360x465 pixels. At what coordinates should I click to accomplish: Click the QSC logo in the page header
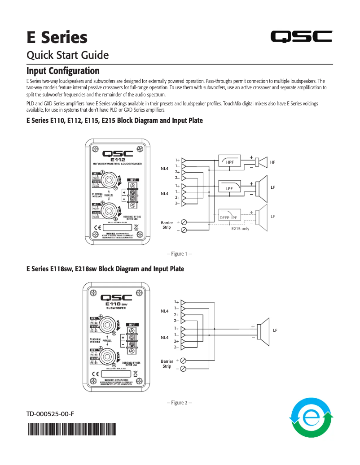[301, 37]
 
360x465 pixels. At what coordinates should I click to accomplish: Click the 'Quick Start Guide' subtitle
[68, 55]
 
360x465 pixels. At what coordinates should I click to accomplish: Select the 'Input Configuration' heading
[63, 71]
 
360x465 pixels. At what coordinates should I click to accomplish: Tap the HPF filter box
[229, 161]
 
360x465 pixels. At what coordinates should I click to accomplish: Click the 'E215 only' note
[240, 229]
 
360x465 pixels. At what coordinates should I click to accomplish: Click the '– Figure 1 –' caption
[179, 254]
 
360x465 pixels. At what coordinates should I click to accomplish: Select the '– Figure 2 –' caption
[179, 403]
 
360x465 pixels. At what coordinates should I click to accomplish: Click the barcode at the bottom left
[71, 430]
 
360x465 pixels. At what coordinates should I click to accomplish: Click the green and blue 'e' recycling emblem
[311, 417]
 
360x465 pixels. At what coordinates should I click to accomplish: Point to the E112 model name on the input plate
[118, 159]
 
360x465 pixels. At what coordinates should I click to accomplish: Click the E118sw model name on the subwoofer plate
[115, 304]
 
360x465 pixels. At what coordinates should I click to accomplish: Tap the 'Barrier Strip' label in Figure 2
[167, 363]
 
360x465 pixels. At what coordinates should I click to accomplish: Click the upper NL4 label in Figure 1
[165, 169]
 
